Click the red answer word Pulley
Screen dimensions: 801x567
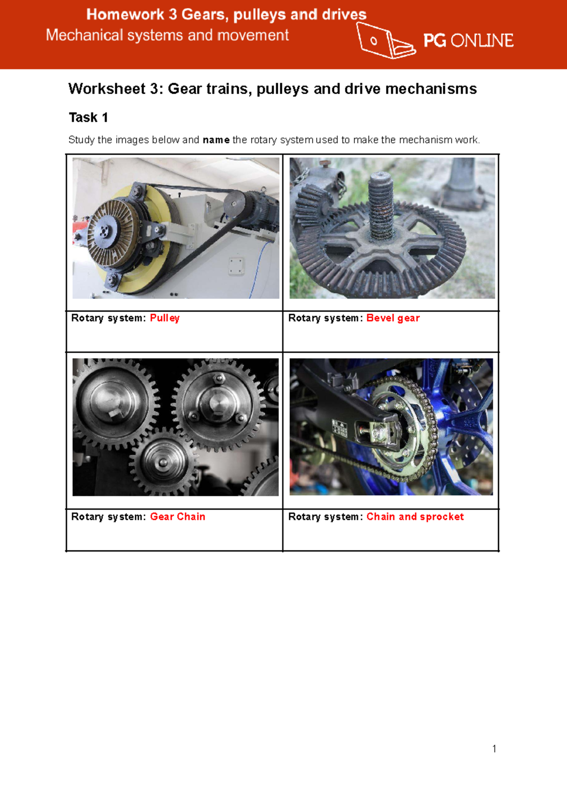point(164,318)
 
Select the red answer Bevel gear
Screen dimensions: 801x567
point(393,318)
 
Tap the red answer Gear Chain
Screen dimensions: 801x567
point(177,517)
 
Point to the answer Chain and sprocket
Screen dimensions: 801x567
point(415,517)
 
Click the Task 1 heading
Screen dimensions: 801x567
point(88,117)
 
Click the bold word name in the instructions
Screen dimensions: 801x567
point(216,140)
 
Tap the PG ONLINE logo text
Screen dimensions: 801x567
point(468,41)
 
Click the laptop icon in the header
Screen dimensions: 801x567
point(385,41)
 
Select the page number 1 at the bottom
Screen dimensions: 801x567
point(494,749)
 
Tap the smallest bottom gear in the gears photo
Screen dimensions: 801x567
point(163,462)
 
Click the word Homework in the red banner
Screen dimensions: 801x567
point(125,15)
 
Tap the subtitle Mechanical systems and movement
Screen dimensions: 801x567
point(167,35)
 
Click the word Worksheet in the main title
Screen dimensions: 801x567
point(107,89)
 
